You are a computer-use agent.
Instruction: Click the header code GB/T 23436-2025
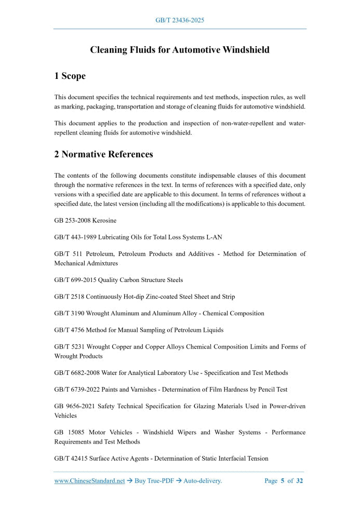click(x=180, y=20)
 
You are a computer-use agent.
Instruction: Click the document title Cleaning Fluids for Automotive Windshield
click(x=180, y=50)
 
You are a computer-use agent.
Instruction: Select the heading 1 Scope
click(x=70, y=76)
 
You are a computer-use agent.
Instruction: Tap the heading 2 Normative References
click(x=103, y=154)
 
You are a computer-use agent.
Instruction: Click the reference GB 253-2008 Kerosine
click(x=85, y=221)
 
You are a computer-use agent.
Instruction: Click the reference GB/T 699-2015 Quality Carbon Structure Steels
click(x=118, y=280)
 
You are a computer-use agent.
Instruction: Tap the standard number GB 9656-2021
click(x=73, y=406)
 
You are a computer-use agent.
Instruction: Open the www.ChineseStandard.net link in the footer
click(x=89, y=481)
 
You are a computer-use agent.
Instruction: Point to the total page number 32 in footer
click(x=299, y=481)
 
